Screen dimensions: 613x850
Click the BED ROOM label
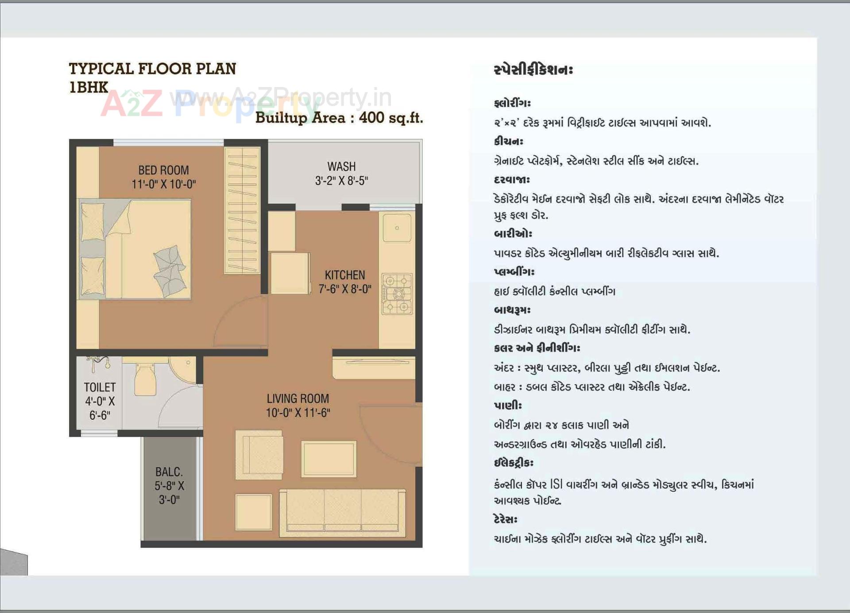click(163, 170)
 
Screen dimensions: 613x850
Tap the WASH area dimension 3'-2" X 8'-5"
click(341, 181)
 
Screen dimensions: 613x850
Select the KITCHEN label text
click(345, 275)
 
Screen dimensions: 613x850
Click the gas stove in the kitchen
click(397, 294)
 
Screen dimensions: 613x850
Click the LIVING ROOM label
click(297, 398)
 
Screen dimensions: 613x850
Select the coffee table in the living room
click(328, 459)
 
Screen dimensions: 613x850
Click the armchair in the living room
click(259, 455)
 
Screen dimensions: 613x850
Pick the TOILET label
click(100, 387)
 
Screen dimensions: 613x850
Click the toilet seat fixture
click(145, 379)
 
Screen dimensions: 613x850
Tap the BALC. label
click(169, 472)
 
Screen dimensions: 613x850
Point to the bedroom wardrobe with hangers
click(242, 210)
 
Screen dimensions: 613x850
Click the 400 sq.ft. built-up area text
click(390, 118)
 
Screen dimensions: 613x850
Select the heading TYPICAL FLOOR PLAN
click(152, 69)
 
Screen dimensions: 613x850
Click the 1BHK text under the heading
click(89, 88)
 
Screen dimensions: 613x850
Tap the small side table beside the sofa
click(253, 512)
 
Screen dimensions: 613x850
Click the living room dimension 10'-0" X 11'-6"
click(297, 413)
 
